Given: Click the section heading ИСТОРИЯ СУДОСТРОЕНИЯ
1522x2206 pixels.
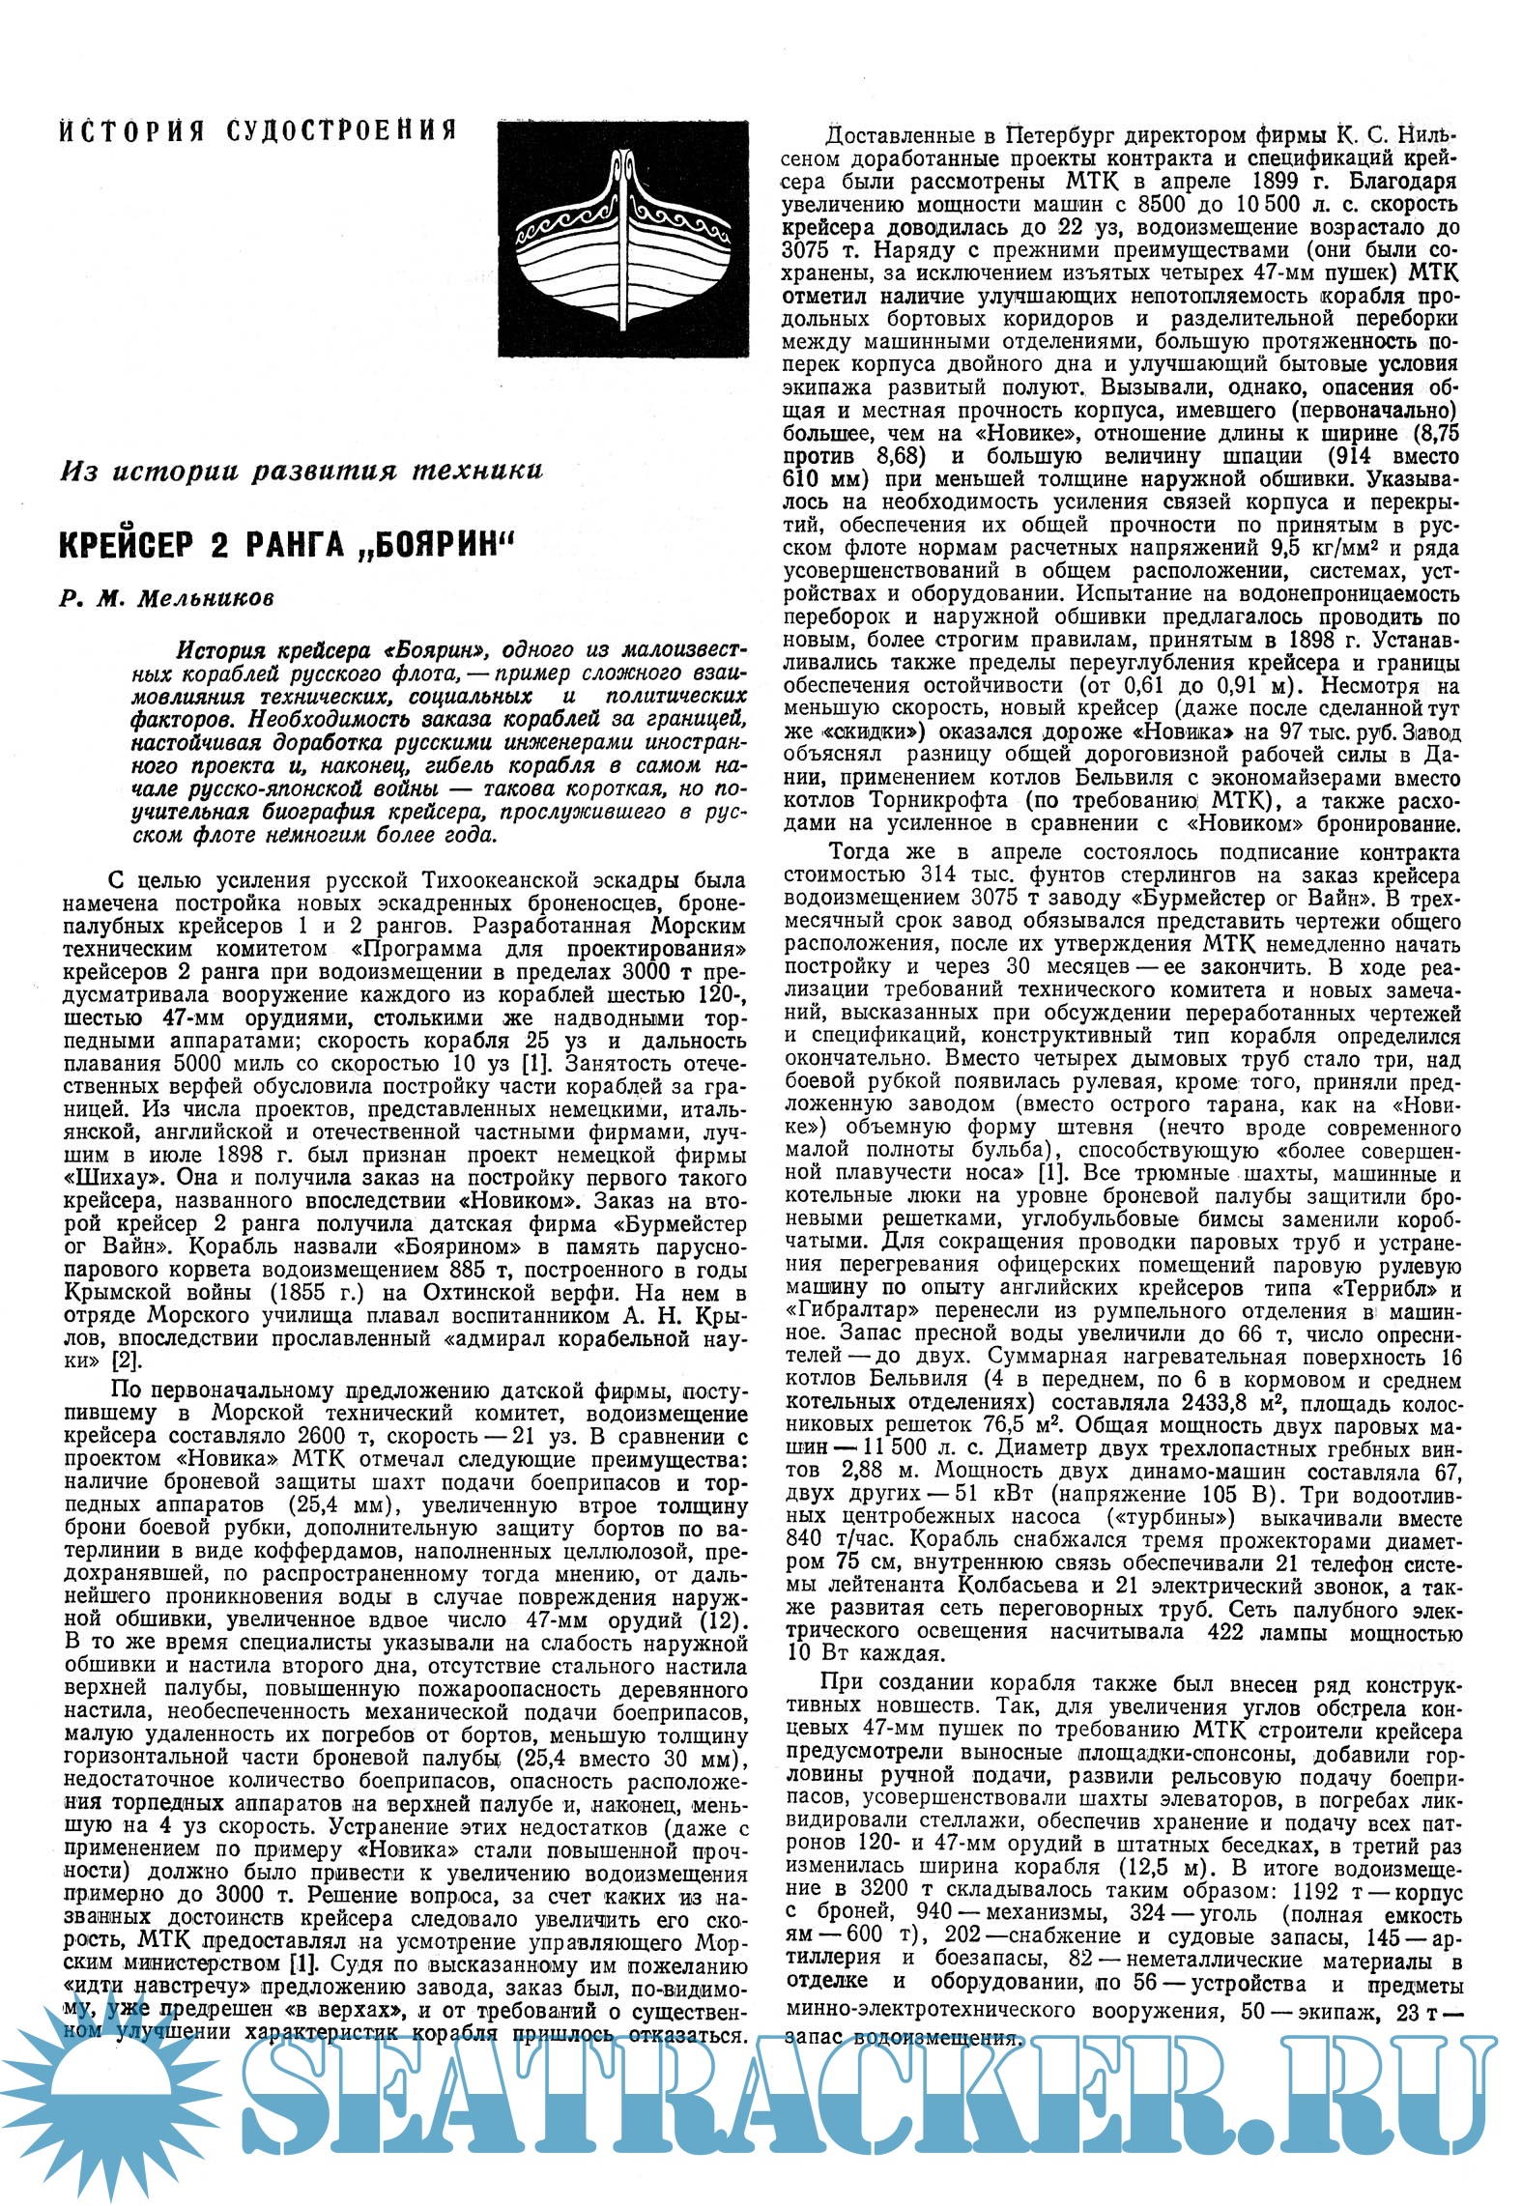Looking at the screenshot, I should pyautogui.click(x=257, y=130).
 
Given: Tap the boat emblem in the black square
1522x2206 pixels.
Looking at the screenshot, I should pyautogui.click(x=623, y=236).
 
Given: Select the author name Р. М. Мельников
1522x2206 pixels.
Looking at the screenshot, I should pyautogui.click(x=166, y=598).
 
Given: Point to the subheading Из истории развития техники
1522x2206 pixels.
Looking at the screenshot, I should pyautogui.click(x=301, y=472).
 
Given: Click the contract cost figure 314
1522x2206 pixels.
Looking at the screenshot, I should pyautogui.click(x=973, y=876).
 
